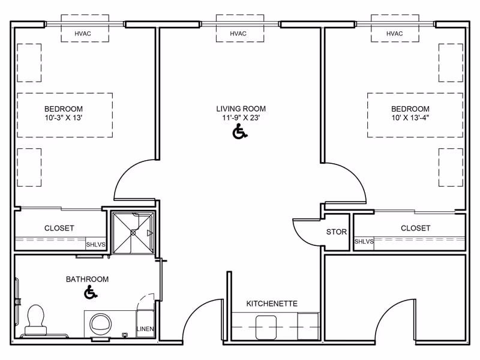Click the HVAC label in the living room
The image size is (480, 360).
[238, 34]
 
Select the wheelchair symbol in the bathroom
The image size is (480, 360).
[91, 292]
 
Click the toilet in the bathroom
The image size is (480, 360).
[36, 320]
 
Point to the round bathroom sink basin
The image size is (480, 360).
[100, 323]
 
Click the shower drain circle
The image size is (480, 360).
[133, 233]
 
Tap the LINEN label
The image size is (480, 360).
[145, 329]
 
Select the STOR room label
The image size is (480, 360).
[337, 232]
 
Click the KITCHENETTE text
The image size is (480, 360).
[272, 304]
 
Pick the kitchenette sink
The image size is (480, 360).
[266, 328]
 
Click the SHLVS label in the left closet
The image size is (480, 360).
[95, 245]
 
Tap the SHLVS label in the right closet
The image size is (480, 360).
[364, 242]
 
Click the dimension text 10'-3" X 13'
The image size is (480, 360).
[64, 118]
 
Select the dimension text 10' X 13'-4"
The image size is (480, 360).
[410, 118]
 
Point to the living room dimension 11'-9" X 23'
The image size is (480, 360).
[241, 118]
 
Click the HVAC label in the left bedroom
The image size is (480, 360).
[83, 34]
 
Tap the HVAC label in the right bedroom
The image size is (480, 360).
[394, 34]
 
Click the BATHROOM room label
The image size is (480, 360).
[87, 279]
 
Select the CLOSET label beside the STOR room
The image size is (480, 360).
[415, 228]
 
